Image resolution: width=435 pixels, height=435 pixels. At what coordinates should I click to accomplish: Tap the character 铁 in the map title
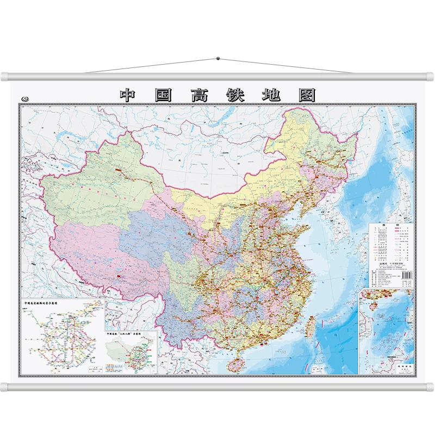tap(235, 95)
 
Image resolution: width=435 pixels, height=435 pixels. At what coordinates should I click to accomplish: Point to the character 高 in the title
tap(200, 95)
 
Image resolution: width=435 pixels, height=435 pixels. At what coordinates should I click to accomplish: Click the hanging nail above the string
tap(217, 58)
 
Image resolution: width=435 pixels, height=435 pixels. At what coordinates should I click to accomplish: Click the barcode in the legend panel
tap(405, 276)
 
